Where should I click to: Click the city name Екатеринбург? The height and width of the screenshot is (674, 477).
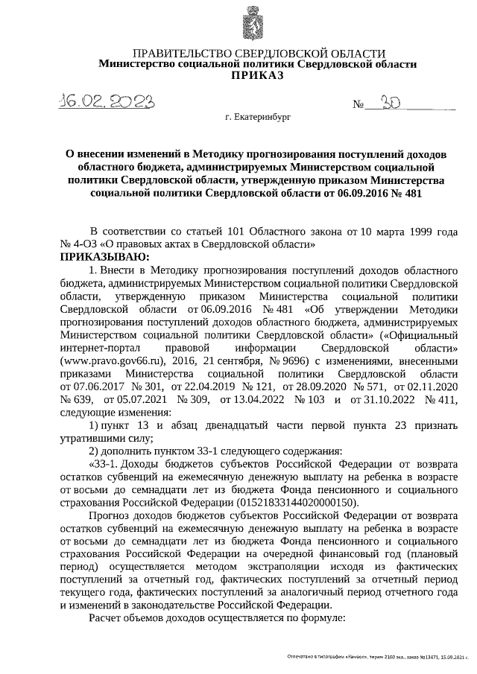click(x=262, y=118)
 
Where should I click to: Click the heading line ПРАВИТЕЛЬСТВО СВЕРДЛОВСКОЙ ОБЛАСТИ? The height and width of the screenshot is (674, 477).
click(x=258, y=53)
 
